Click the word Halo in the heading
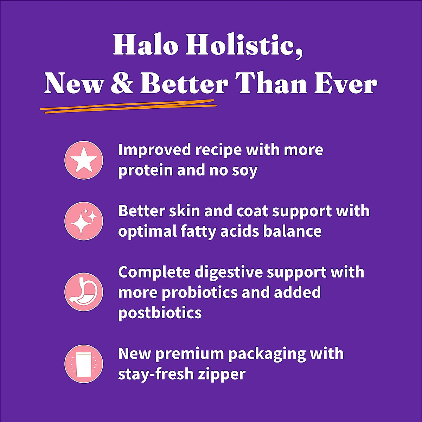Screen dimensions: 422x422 145,45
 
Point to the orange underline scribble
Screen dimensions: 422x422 128,107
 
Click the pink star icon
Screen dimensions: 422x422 84,160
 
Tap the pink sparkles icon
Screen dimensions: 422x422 84,221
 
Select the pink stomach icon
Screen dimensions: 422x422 84,292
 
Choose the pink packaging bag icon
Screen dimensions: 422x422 84,364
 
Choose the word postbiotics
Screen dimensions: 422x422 160,313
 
